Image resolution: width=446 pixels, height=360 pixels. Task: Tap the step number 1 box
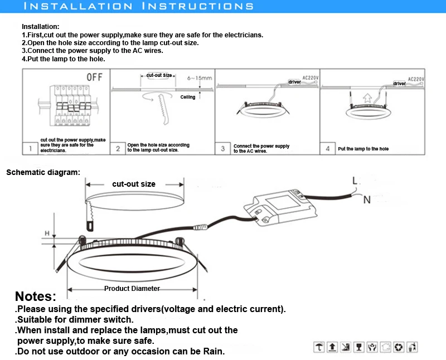pyautogui.click(x=29, y=149)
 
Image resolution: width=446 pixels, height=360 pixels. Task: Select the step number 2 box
pyautogui.click(x=118, y=149)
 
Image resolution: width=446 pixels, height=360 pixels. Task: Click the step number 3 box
pyautogui.click(x=223, y=149)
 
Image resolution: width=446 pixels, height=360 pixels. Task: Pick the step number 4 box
pyautogui.click(x=328, y=149)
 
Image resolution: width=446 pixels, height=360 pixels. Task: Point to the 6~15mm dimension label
pyautogui.click(x=200, y=78)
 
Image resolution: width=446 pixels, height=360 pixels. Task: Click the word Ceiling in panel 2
pyautogui.click(x=188, y=97)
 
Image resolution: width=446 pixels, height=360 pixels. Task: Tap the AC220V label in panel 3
pyautogui.click(x=310, y=78)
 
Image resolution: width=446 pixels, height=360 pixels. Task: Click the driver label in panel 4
pyautogui.click(x=400, y=84)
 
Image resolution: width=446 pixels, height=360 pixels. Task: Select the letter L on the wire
pyautogui.click(x=355, y=180)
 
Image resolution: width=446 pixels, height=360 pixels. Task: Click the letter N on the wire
pyautogui.click(x=366, y=200)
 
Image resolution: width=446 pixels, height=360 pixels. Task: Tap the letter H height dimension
pyautogui.click(x=47, y=232)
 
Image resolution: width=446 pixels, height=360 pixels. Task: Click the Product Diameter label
pyautogui.click(x=132, y=289)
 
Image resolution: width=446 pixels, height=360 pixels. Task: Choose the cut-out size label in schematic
pyautogui.click(x=134, y=184)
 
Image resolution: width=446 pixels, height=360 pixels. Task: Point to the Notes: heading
pyautogui.click(x=36, y=296)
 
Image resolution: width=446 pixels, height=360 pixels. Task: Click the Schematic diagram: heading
pyautogui.click(x=43, y=172)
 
